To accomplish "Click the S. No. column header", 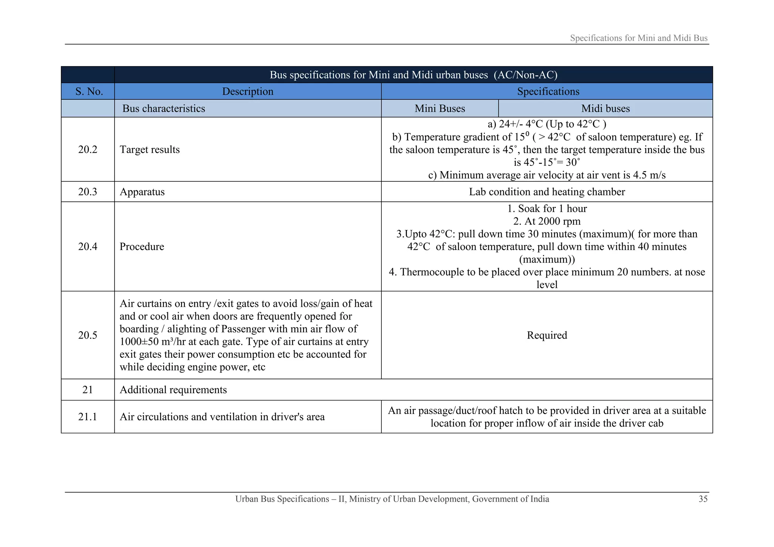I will coord(89,91).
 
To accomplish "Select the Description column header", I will coord(248,91).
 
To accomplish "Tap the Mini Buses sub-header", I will coord(440,108).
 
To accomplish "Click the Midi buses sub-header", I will coord(605,108).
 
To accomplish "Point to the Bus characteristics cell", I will coord(164,108).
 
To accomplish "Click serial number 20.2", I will coord(88,150).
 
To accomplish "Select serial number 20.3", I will coord(88,192).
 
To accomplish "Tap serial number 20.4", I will coord(88,247).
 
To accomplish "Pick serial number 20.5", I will coord(88,335).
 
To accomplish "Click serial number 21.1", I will coord(88,417).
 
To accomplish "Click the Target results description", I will coord(150,150).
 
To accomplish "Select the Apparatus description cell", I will coord(142,192).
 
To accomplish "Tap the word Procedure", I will coord(142,247).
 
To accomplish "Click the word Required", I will coord(547,335).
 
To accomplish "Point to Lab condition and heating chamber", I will coord(547,192).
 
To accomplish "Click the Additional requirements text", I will coord(173,390).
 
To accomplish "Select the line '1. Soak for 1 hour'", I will coord(547,209).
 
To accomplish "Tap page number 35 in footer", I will coord(703,499).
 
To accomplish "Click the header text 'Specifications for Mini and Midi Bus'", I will coord(639,38).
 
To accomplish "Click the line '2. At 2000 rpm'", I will coord(547,221).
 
